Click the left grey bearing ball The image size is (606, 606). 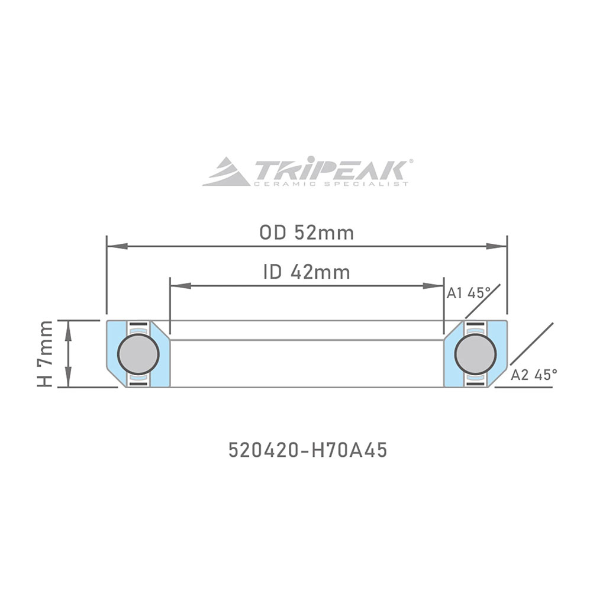click(x=138, y=354)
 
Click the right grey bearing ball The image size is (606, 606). click(x=475, y=354)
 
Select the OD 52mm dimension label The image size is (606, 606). click(x=307, y=233)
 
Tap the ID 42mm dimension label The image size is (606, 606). click(x=307, y=272)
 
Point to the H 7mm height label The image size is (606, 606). click(x=44, y=354)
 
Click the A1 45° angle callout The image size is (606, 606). click(x=469, y=294)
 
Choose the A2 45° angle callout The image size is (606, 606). click(x=534, y=375)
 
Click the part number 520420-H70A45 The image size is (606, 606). click(x=308, y=450)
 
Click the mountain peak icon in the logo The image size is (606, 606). click(x=226, y=172)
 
